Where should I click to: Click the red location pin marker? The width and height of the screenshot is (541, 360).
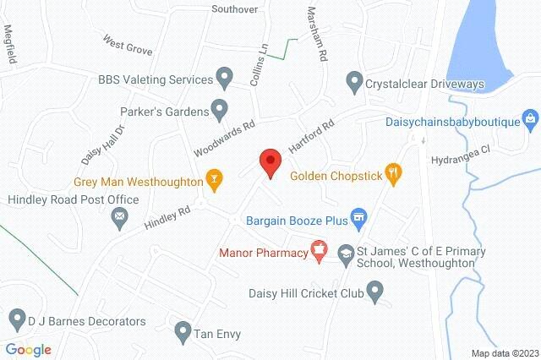tap(270, 161)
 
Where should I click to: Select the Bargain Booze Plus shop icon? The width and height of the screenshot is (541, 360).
tap(358, 220)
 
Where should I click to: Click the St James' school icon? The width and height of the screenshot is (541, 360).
tap(345, 253)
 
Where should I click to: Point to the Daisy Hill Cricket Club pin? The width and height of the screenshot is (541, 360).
tap(377, 292)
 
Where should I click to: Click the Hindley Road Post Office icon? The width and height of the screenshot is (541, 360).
tap(119, 220)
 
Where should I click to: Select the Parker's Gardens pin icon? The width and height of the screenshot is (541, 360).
tap(219, 110)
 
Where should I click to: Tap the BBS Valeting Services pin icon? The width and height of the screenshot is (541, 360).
tap(224, 79)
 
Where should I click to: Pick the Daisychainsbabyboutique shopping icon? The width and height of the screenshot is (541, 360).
tap(530, 119)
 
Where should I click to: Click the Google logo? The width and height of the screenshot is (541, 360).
tap(28, 349)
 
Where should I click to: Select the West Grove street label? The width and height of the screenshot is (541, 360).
tap(128, 44)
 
